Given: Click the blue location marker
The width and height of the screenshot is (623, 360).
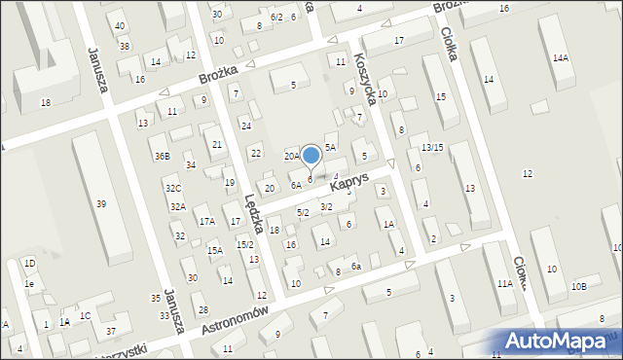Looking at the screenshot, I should click(311, 156).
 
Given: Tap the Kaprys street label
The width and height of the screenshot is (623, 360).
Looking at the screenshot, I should click(348, 182).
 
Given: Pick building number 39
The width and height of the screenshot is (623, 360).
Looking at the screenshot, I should click(101, 203).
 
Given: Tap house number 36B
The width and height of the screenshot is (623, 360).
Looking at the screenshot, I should click(162, 156).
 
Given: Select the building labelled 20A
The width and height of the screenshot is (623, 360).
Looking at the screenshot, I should click(291, 156).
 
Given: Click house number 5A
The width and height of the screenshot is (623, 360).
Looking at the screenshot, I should click(330, 147).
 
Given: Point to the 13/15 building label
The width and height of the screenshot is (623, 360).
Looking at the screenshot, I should click(432, 146).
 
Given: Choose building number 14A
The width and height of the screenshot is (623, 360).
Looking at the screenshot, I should click(560, 58).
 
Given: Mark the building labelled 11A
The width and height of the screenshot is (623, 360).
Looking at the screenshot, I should click(504, 283).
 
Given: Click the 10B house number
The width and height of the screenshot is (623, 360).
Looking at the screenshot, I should click(579, 286).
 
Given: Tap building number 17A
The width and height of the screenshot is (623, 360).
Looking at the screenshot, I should click(207, 222).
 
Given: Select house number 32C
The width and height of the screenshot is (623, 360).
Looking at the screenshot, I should click(172, 188).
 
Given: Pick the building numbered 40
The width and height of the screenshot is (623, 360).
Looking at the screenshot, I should click(119, 25).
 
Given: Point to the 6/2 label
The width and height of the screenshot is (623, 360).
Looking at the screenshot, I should click(276, 18).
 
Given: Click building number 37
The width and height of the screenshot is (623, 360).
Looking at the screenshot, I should click(111, 331).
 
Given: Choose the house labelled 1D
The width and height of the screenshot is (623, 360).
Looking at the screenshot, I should click(29, 264).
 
